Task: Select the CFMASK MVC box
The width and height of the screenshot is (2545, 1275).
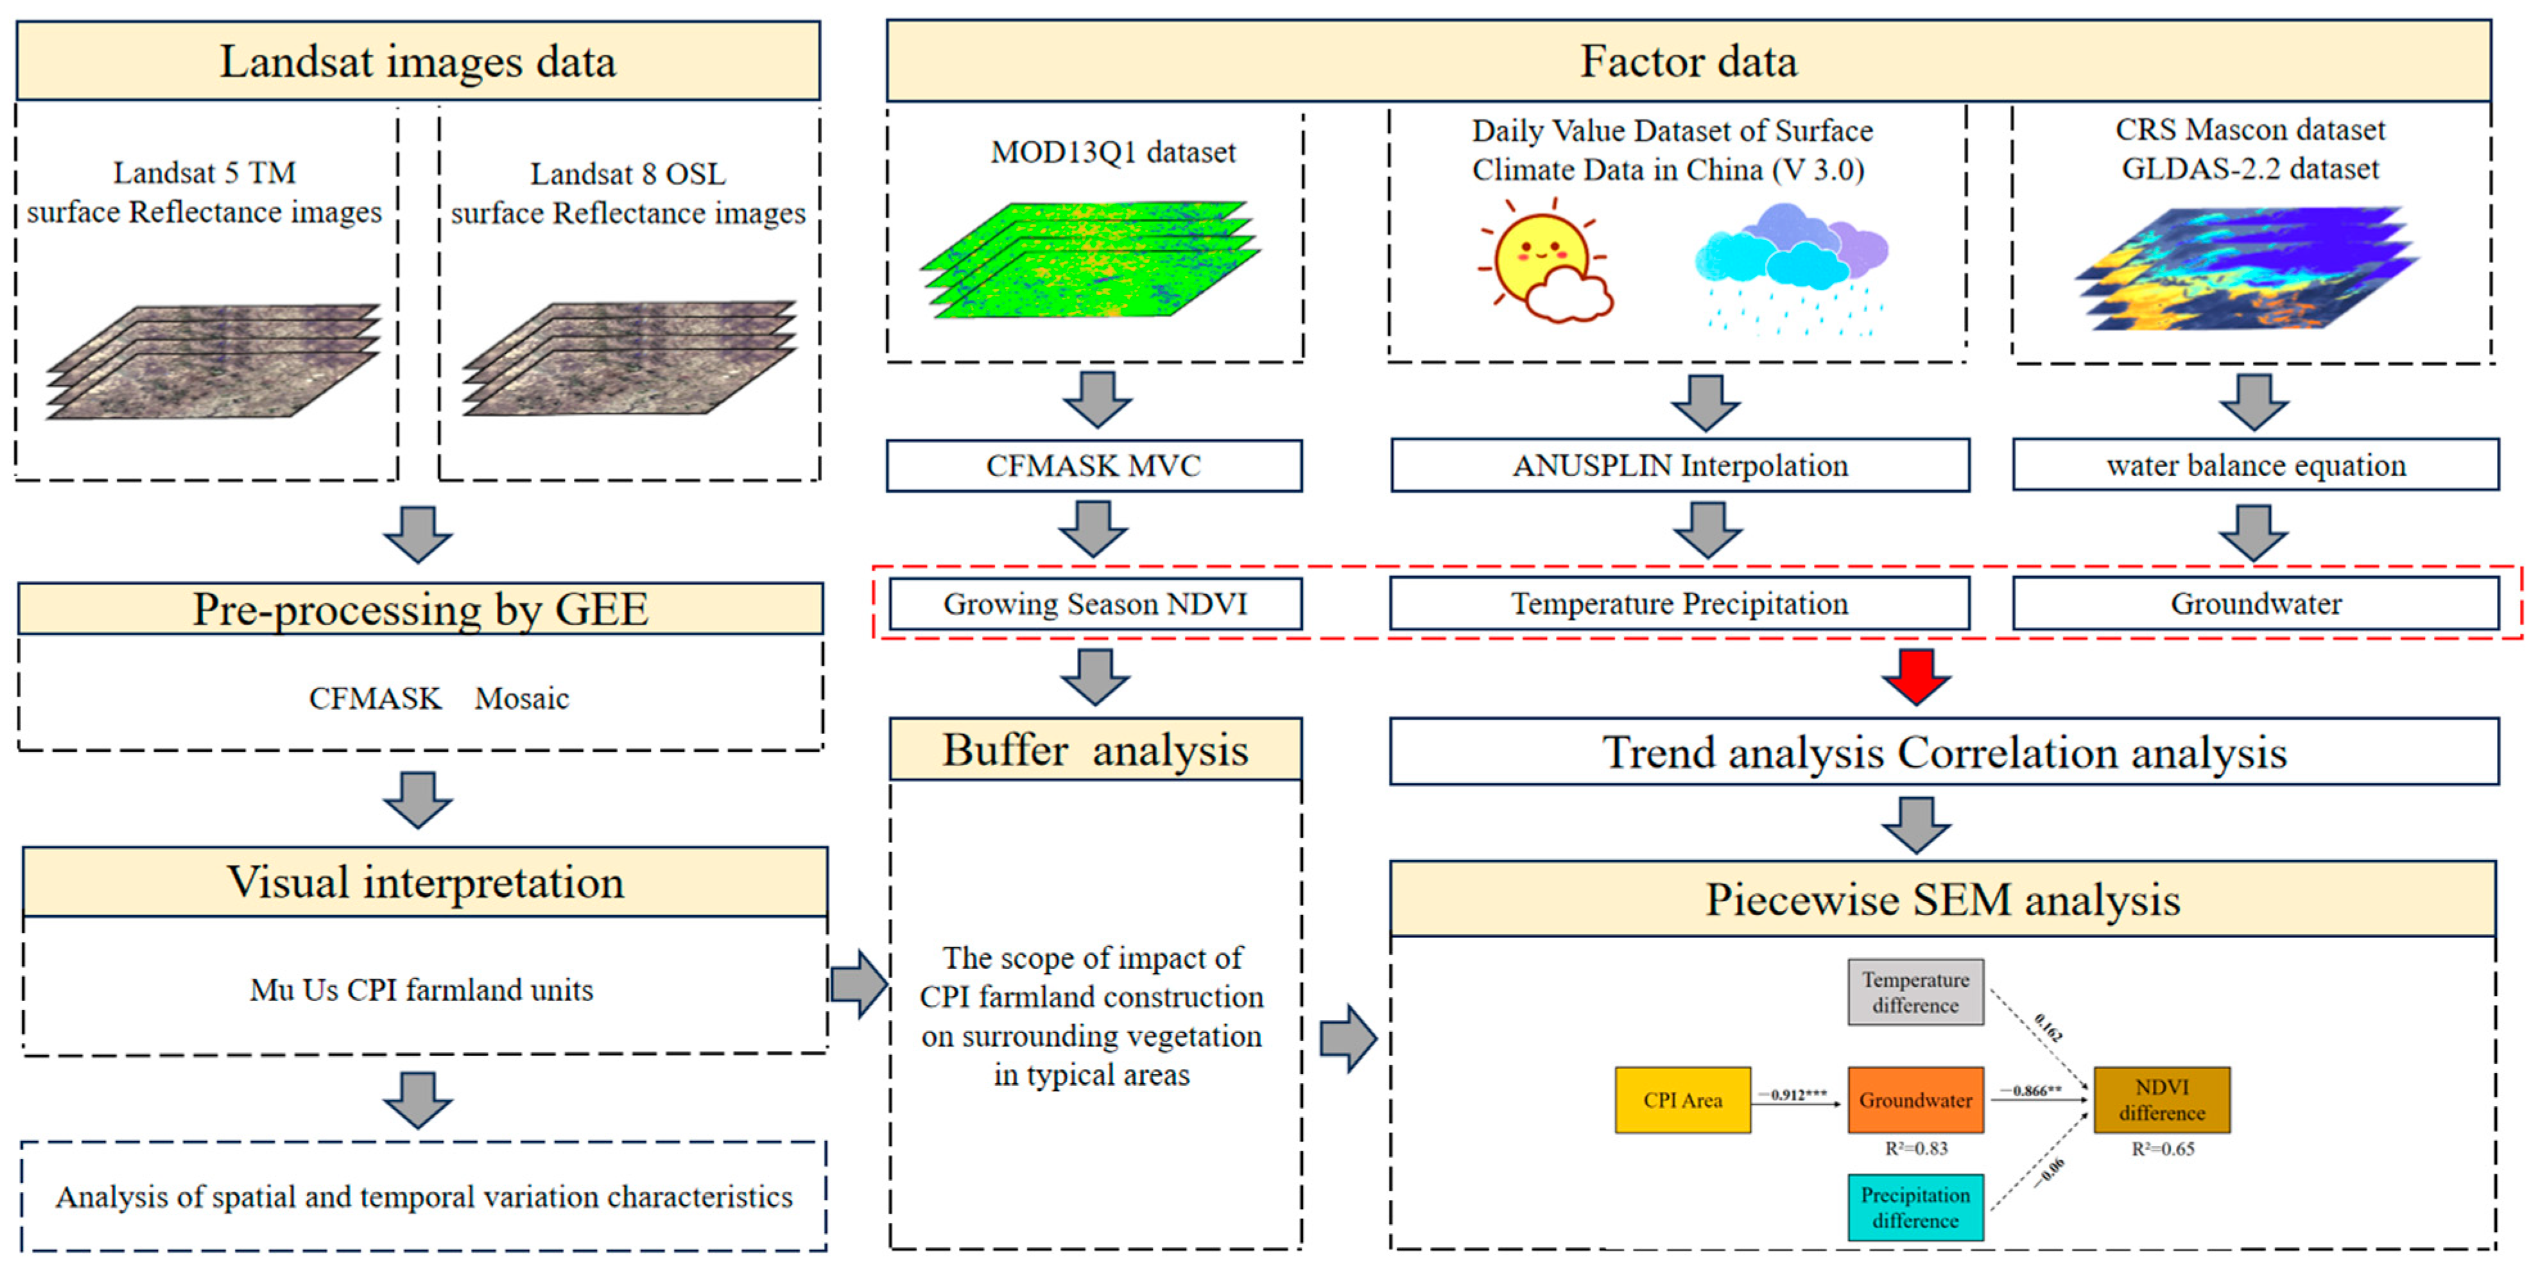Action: (1094, 465)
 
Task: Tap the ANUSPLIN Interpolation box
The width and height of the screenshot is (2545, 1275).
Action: (1680, 465)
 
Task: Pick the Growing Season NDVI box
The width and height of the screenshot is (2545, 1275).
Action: (1094, 603)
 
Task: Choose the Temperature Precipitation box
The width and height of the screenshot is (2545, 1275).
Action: (1678, 603)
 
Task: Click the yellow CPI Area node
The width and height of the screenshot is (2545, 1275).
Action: (1682, 1099)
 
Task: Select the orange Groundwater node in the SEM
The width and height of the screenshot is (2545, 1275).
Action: (1915, 1099)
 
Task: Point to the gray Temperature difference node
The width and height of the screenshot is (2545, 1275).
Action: (1915, 991)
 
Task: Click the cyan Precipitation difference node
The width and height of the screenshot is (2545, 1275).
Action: (1915, 1207)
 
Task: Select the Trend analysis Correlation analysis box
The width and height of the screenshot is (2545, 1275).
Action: (1944, 753)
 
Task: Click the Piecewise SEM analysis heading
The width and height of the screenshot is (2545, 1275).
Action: (1942, 899)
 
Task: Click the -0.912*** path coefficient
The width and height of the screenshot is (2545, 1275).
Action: (1797, 1094)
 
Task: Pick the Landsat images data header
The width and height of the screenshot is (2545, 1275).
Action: (418, 61)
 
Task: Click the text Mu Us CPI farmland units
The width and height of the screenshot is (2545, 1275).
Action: (422, 989)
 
